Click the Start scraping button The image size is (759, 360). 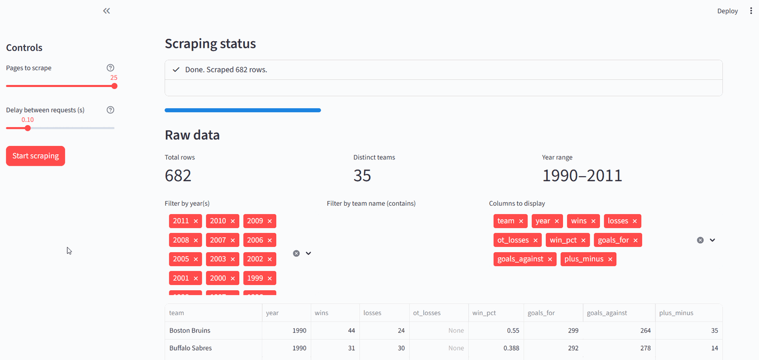pyautogui.click(x=35, y=156)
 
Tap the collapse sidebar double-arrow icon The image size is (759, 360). pyautogui.click(x=106, y=11)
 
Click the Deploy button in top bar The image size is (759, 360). pyautogui.click(x=727, y=11)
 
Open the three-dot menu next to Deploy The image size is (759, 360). pyautogui.click(x=751, y=11)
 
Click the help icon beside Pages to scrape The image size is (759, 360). pyautogui.click(x=110, y=68)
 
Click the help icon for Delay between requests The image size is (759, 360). pyautogui.click(x=110, y=110)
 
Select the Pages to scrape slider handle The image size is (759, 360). pyautogui.click(x=114, y=86)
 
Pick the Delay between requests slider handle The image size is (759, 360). pyautogui.click(x=28, y=128)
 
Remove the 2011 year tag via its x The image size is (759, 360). pyautogui.click(x=196, y=221)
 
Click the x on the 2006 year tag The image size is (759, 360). pyautogui.click(x=270, y=240)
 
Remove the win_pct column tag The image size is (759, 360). pyautogui.click(x=583, y=240)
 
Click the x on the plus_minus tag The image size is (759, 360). pyautogui.click(x=610, y=259)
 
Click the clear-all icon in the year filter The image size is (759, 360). pyautogui.click(x=296, y=253)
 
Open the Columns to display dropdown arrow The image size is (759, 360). pyautogui.click(x=713, y=240)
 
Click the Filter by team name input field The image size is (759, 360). pyautogui.click(x=401, y=221)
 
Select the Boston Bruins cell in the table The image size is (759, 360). pyautogui.click(x=190, y=330)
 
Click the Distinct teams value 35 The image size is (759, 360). pyautogui.click(x=362, y=176)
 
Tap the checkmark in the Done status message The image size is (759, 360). pyautogui.click(x=176, y=69)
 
